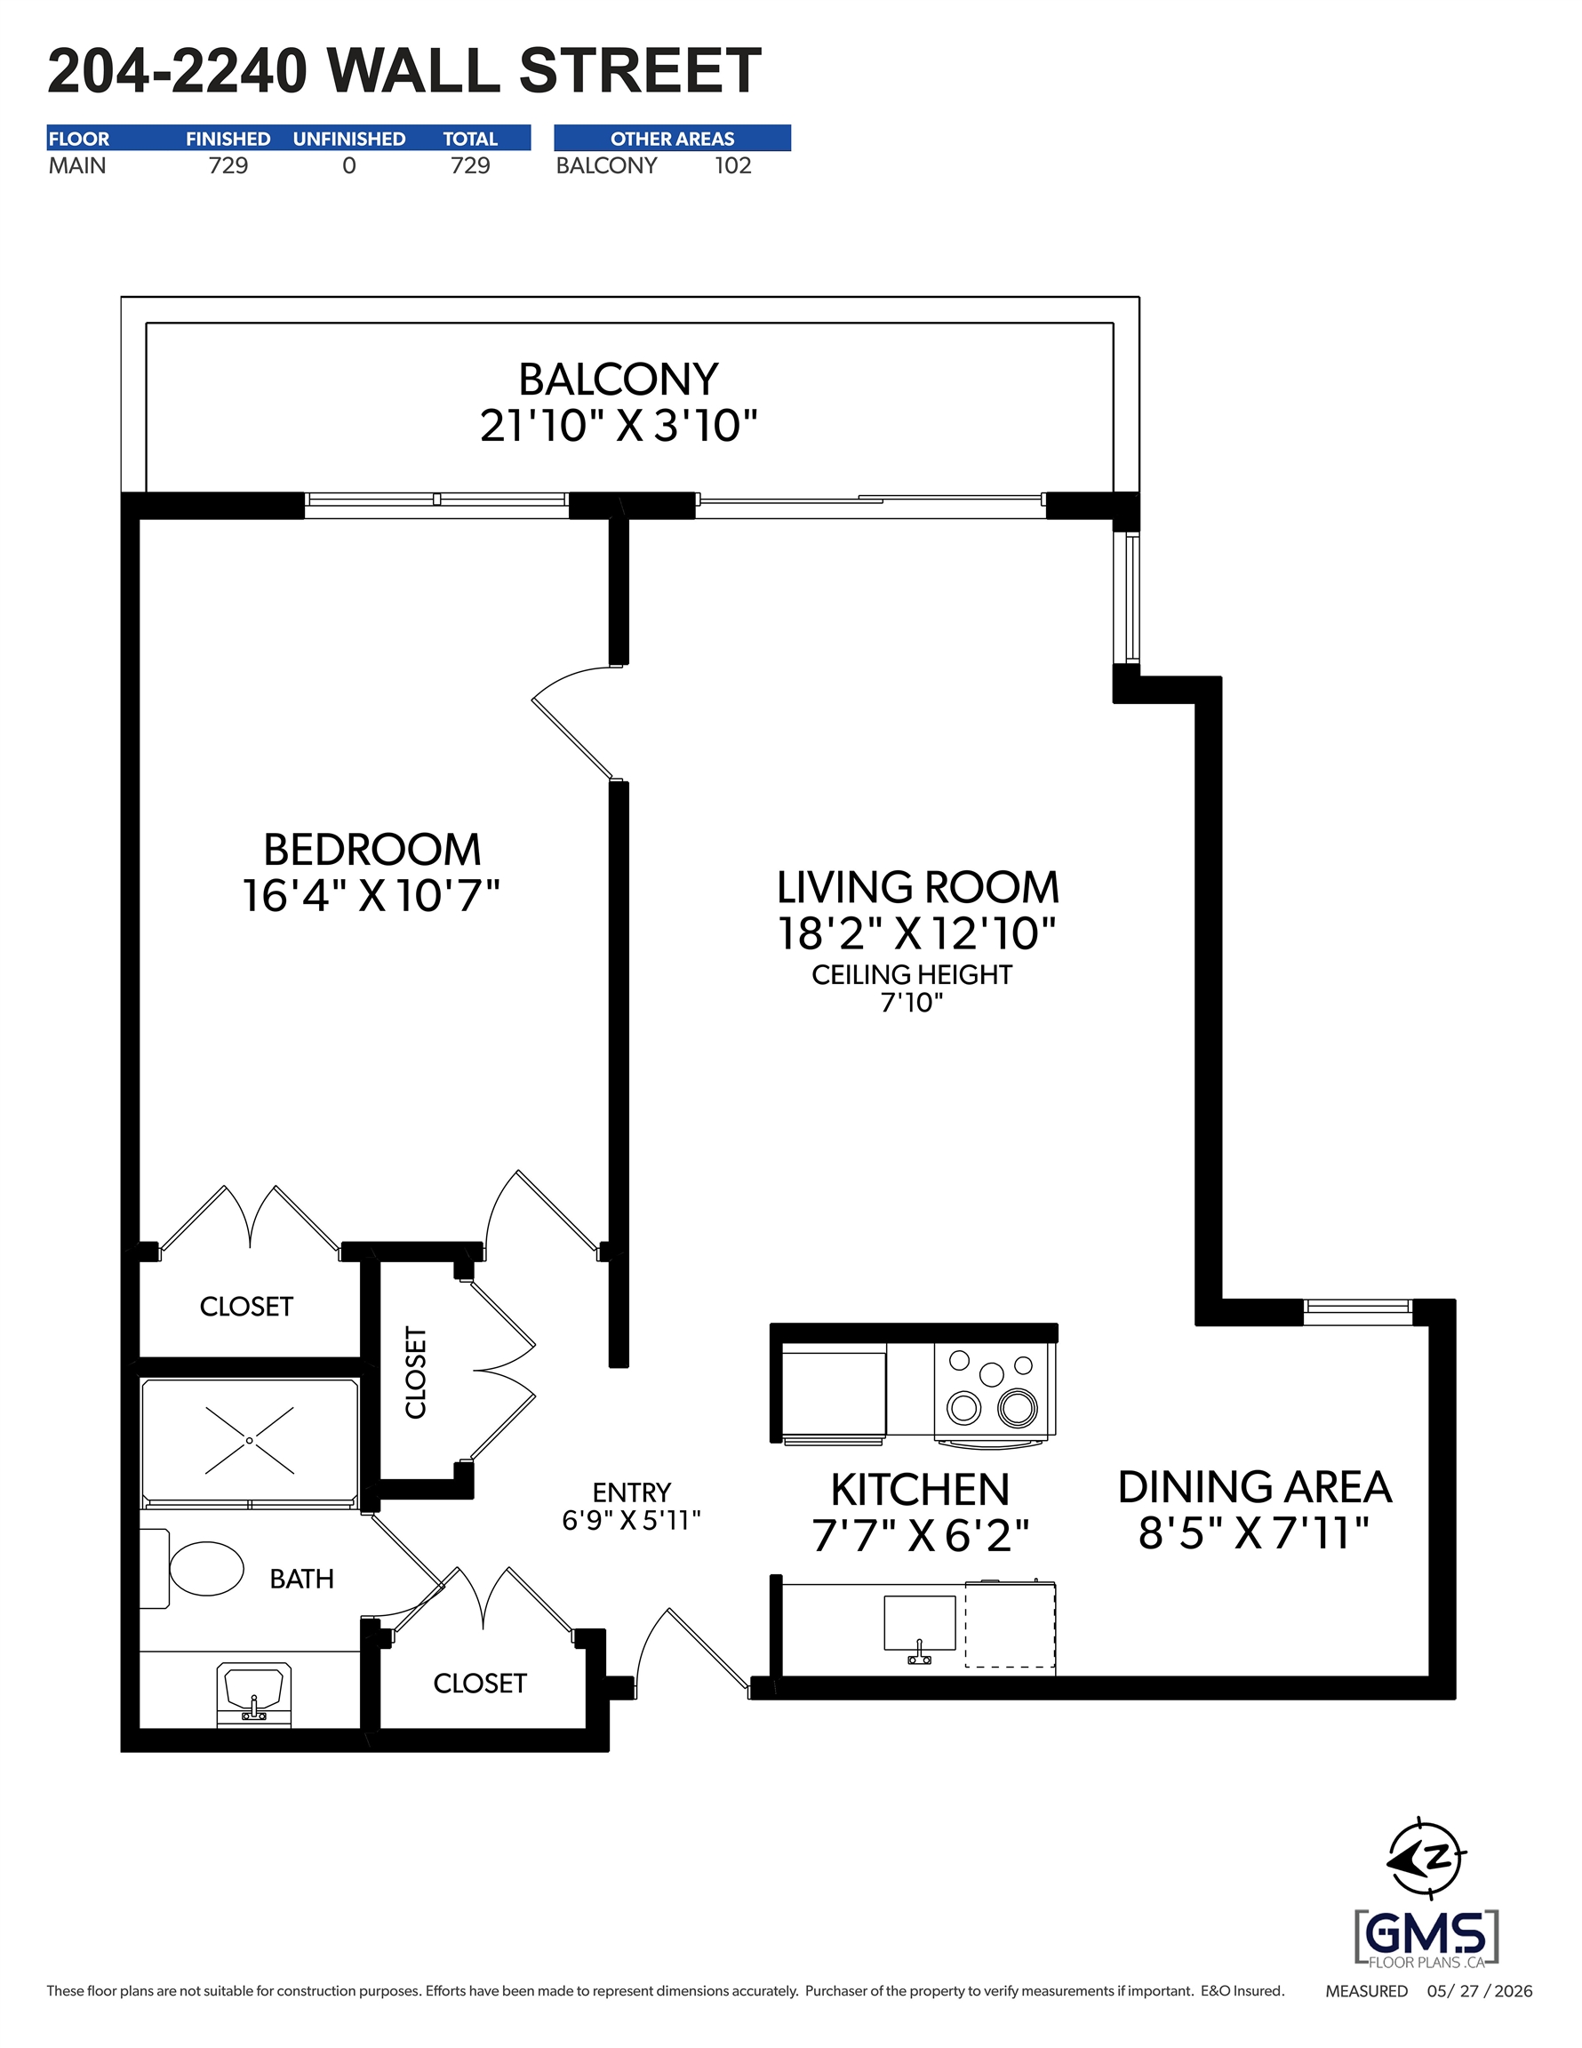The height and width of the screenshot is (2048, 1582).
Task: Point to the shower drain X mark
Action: [250, 1440]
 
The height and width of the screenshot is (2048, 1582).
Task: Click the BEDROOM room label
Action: [372, 850]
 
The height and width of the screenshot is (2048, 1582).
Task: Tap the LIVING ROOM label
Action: [918, 887]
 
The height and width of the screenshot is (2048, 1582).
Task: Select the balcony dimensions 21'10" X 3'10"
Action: [618, 426]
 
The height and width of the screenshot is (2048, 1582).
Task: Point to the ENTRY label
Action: [631, 1492]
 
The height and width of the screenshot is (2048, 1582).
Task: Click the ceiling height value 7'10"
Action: [912, 1003]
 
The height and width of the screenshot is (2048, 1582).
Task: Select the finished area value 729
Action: [228, 166]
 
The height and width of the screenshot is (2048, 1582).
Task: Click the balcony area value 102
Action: [732, 166]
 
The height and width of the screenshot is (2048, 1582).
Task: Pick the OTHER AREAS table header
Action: [673, 139]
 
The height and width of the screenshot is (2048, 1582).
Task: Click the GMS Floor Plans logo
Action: [1426, 1938]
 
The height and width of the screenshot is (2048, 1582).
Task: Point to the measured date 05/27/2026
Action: [1480, 1991]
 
